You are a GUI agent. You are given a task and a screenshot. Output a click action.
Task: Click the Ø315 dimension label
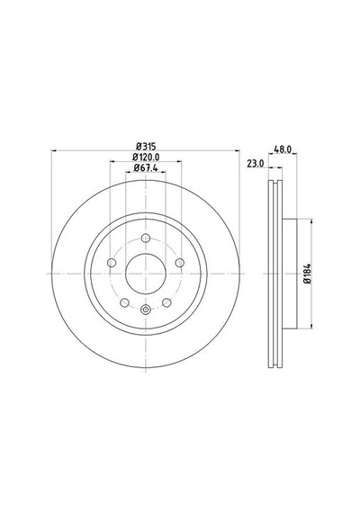tap(146, 146)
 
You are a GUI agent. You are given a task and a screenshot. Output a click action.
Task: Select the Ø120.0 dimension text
tap(146, 157)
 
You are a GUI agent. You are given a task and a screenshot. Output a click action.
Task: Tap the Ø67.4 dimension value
tap(146, 168)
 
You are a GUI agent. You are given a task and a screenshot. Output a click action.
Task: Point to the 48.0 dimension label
tap(283, 149)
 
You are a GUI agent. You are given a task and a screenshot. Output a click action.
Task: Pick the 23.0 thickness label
tap(256, 164)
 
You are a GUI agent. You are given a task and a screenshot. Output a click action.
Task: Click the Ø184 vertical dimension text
tap(307, 274)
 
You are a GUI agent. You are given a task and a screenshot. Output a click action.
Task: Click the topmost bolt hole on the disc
tap(146, 238)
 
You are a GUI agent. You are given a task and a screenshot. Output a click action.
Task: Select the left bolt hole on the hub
tap(112, 263)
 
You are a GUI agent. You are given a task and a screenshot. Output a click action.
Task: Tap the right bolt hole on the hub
tap(180, 263)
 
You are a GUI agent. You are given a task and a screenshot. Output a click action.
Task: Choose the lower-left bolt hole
tap(125, 302)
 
